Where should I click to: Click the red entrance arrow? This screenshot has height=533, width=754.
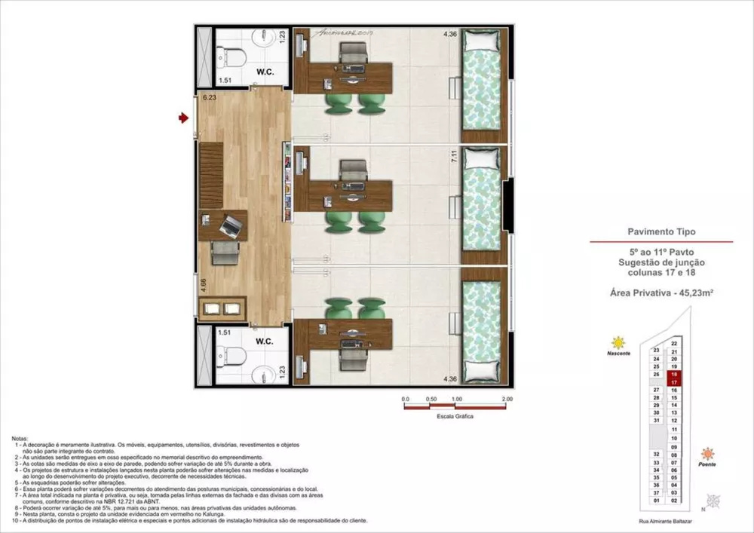pyautogui.click(x=182, y=118)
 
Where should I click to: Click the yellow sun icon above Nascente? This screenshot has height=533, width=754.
pyautogui.click(x=619, y=342)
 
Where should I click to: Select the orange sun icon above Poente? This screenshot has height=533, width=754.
pyautogui.click(x=706, y=454)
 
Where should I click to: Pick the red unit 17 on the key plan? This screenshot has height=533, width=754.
pyautogui.click(x=675, y=382)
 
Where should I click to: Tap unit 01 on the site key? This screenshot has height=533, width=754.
pyautogui.click(x=657, y=501)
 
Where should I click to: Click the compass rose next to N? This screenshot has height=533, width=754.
pyautogui.click(x=713, y=501)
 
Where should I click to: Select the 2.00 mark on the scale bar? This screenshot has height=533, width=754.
pyautogui.click(x=506, y=399)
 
